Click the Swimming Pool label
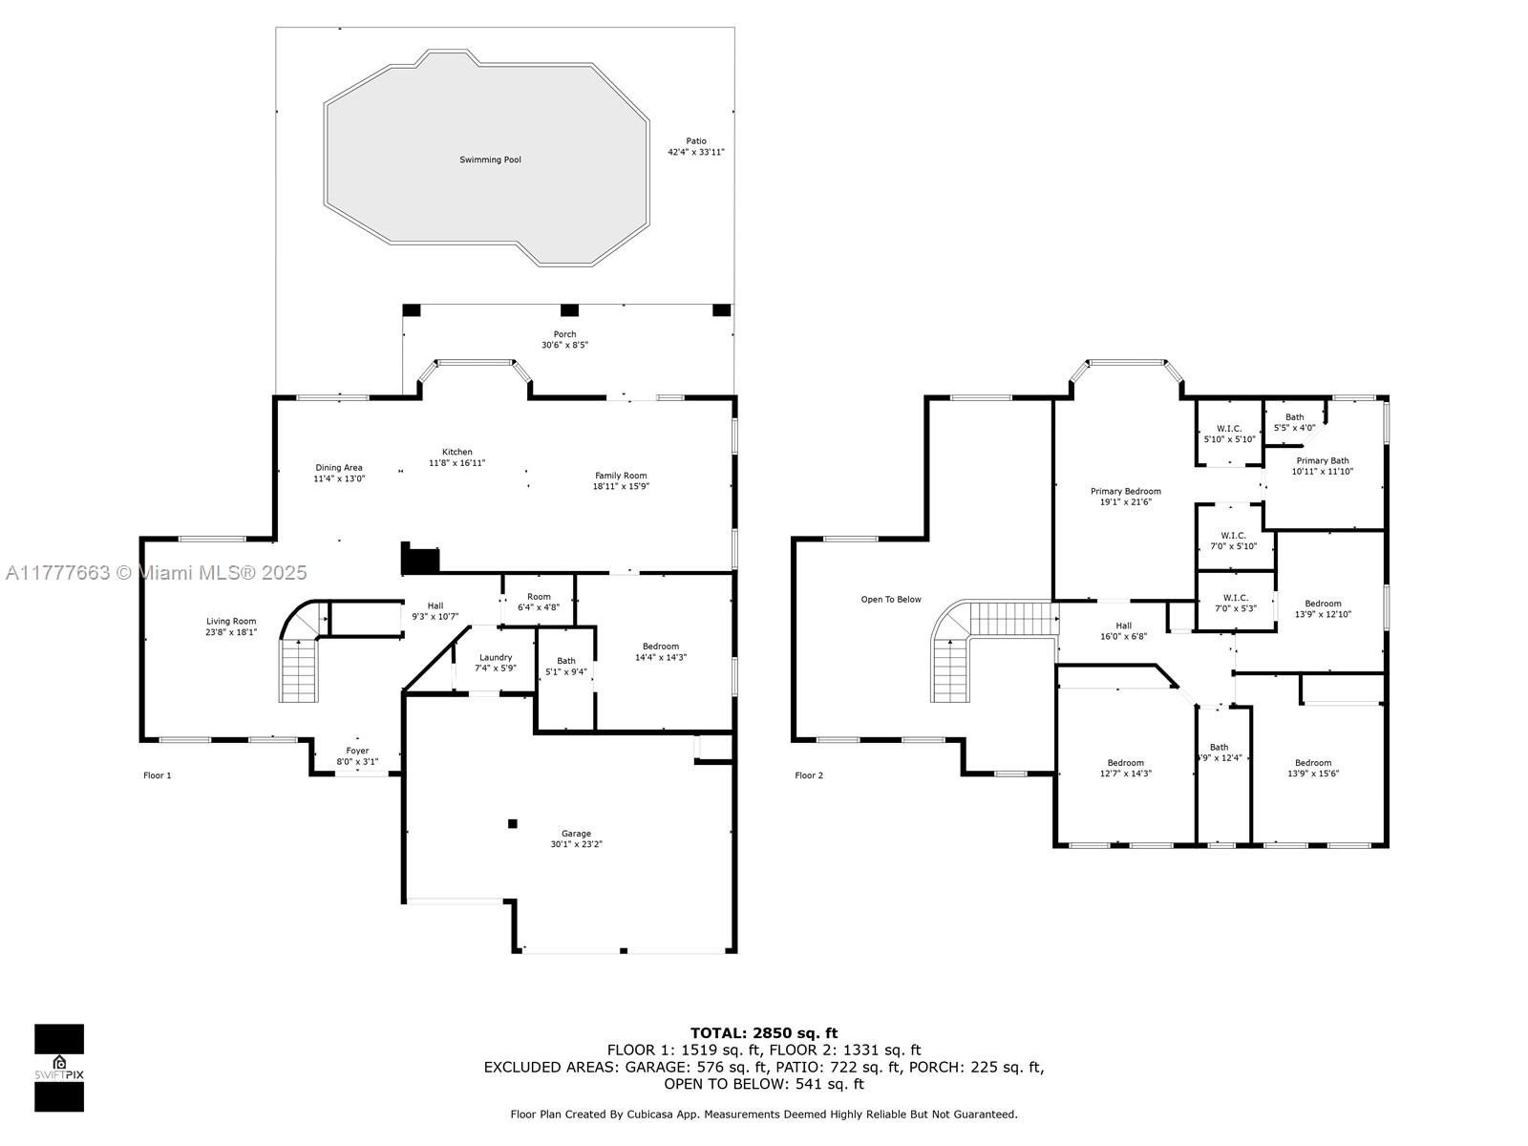(490, 159)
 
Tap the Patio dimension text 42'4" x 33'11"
(696, 152)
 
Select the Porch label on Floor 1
(564, 334)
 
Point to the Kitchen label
(456, 452)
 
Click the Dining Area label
(339, 468)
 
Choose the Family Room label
(621, 476)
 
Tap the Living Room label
(231, 622)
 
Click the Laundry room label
(496, 658)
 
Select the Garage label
(577, 833)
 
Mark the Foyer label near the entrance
(357, 751)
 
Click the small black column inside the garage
(512, 824)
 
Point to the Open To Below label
(891, 599)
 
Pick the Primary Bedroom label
(1126, 491)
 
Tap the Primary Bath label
(1323, 460)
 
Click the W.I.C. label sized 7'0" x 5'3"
(1236, 604)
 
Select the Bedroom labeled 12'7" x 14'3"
(1126, 768)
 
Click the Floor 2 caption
(809, 775)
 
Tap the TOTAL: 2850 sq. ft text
(764, 1033)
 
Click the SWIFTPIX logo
(59, 1068)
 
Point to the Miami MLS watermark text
(156, 573)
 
